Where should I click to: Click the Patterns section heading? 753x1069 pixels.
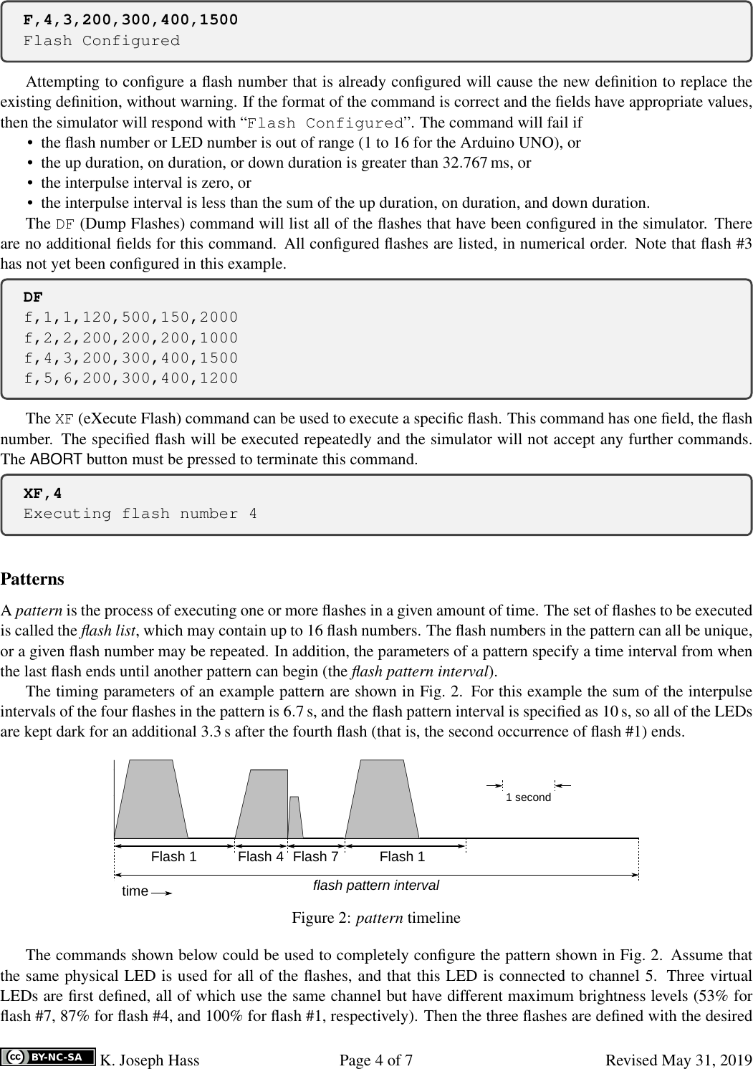[32, 578]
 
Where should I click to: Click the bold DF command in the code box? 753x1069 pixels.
[33, 297]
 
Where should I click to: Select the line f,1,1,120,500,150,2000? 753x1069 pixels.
[130, 317]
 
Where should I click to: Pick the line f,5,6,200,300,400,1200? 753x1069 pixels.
[130, 378]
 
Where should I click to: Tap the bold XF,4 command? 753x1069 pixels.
[43, 493]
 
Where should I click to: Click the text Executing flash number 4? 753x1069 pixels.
[140, 514]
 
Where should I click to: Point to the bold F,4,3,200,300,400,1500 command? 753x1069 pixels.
[130, 19]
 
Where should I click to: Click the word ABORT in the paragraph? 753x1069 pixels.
[57, 459]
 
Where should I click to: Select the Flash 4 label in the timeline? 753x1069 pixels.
[261, 856]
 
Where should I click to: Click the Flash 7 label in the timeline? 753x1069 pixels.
[315, 856]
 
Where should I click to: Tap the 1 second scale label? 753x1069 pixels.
[528, 797]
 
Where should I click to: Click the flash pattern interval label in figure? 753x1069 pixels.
[376, 886]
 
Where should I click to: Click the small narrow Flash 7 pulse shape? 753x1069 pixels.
[295, 818]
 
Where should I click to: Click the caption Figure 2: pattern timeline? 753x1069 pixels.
[376, 917]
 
